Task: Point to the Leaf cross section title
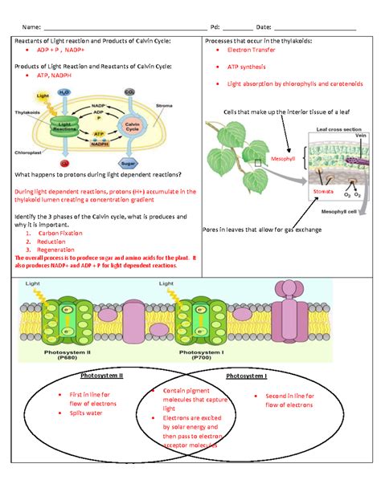337,128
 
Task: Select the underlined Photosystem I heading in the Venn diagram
246,376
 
